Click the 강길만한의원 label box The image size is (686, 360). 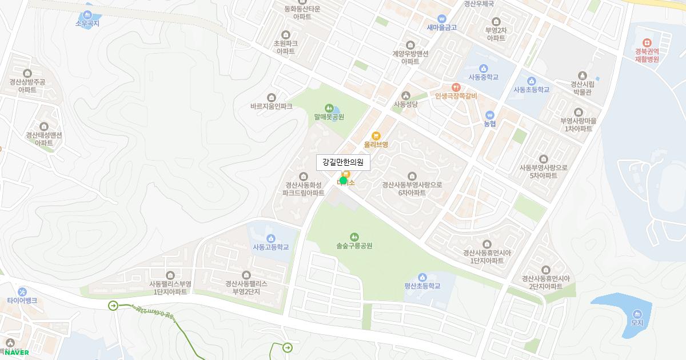click(343, 162)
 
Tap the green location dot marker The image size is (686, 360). click(343, 181)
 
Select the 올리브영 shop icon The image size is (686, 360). click(376, 135)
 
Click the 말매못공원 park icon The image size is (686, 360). click(329, 107)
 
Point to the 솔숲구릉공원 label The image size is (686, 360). click(354, 246)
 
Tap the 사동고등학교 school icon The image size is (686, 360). click(270, 238)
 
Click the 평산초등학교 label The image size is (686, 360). click(422, 286)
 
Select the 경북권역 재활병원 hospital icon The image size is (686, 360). click(647, 43)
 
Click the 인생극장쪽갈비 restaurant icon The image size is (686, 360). click(456, 87)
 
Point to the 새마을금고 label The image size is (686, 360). click(441, 27)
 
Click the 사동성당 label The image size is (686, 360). click(405, 105)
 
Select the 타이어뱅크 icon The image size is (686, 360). click(22, 291)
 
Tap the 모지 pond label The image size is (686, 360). click(637, 323)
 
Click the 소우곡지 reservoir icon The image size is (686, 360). click(87, 14)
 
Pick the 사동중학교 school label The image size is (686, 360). click(483, 77)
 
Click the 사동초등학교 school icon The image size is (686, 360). click(531, 81)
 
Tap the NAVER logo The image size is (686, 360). click(17, 353)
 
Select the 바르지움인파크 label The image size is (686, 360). click(271, 106)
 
